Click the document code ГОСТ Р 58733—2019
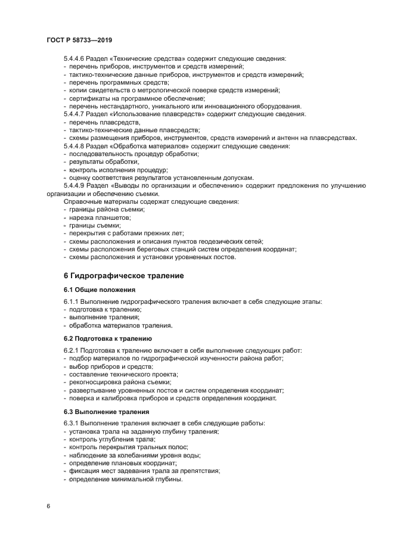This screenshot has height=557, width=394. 79,39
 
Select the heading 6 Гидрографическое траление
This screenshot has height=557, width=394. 124,276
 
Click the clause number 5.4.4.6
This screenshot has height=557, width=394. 75,58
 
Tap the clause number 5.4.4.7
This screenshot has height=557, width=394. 75,114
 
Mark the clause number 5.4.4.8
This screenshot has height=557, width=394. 75,146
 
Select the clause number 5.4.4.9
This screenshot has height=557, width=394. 75,185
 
